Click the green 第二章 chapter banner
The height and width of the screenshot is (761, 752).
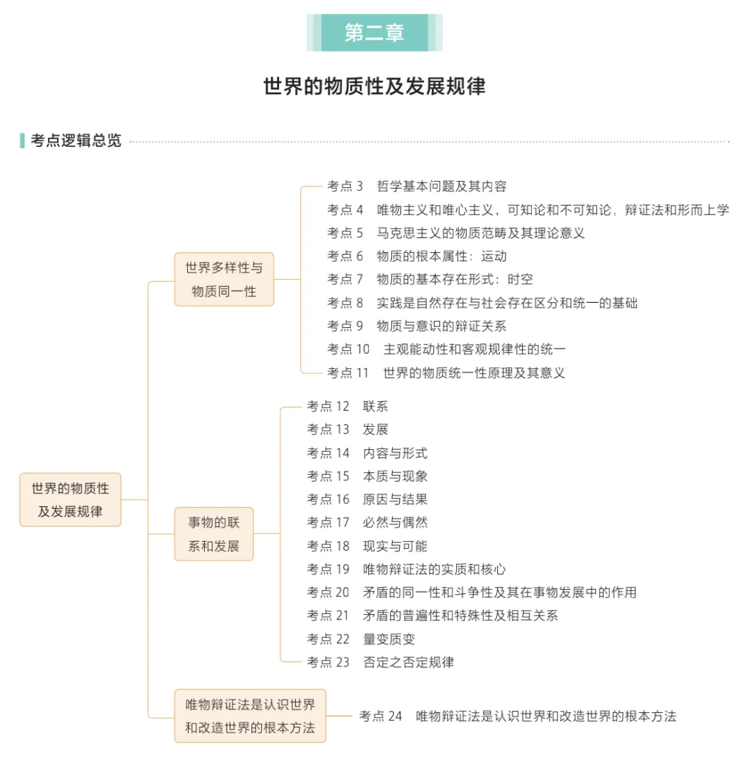tap(375, 33)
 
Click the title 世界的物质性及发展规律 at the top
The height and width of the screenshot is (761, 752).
tap(375, 86)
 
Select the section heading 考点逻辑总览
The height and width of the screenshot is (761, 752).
tap(75, 141)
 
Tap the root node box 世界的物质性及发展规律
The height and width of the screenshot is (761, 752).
tap(70, 500)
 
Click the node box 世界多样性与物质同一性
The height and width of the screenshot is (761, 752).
tap(224, 279)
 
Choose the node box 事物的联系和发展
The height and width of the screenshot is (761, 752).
tap(214, 534)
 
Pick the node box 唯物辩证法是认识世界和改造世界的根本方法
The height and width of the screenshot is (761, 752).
tap(250, 716)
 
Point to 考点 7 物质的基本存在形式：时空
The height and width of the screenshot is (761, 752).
tap(430, 279)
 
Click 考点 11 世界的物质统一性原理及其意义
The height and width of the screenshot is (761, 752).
tap(446, 372)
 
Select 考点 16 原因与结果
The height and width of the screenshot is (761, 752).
tap(367, 499)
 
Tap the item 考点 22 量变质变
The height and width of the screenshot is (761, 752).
tap(361, 639)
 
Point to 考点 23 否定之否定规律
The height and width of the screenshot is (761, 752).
tap(380, 662)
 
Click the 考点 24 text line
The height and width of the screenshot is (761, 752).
tap(517, 716)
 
